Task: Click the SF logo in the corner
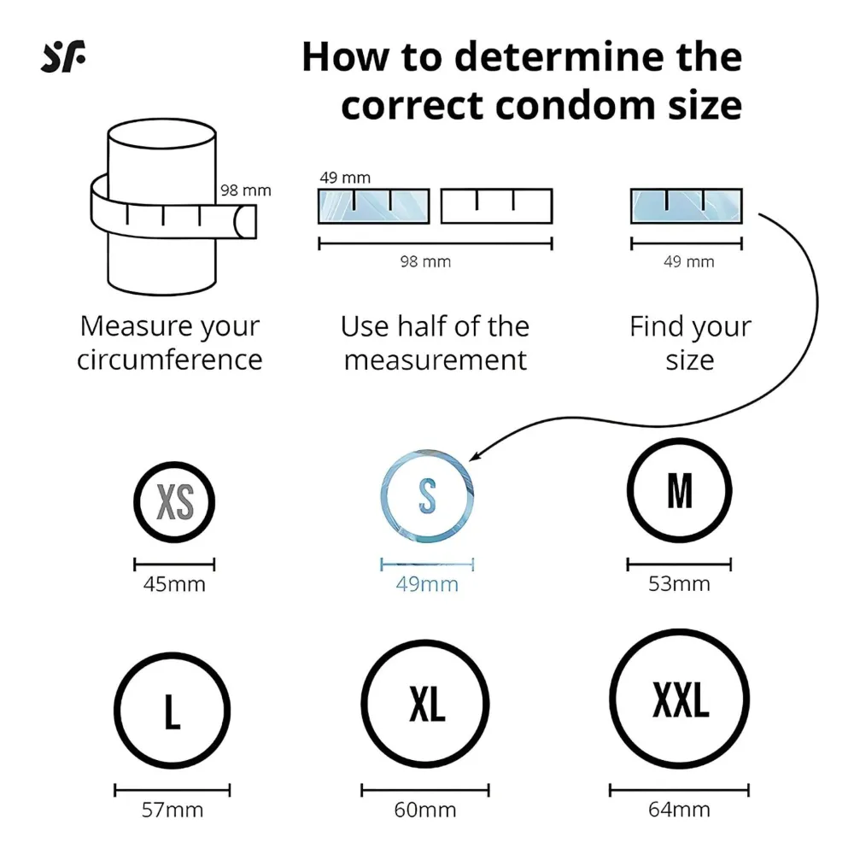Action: [63, 56]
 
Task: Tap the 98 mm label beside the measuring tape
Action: [246, 190]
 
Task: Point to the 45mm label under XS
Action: [174, 584]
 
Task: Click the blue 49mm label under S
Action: [427, 584]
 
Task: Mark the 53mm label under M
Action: [679, 584]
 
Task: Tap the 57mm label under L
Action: [173, 810]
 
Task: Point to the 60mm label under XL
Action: [424, 810]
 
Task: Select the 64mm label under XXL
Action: [679, 810]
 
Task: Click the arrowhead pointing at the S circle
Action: [474, 456]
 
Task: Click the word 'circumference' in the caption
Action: [169, 360]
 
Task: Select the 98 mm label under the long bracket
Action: [425, 262]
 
